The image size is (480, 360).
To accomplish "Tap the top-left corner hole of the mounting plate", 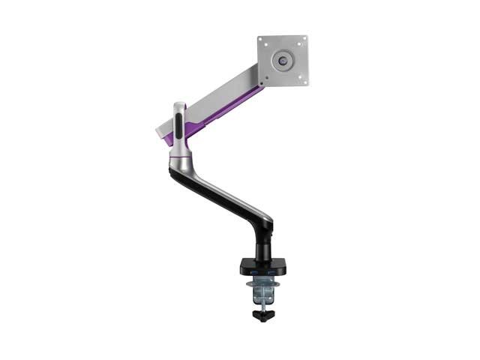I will click(262, 40).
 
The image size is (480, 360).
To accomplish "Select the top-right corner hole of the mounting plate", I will click(304, 40).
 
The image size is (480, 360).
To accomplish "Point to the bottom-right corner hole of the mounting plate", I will click(303, 79).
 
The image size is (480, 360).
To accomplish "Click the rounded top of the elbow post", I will click(178, 105).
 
